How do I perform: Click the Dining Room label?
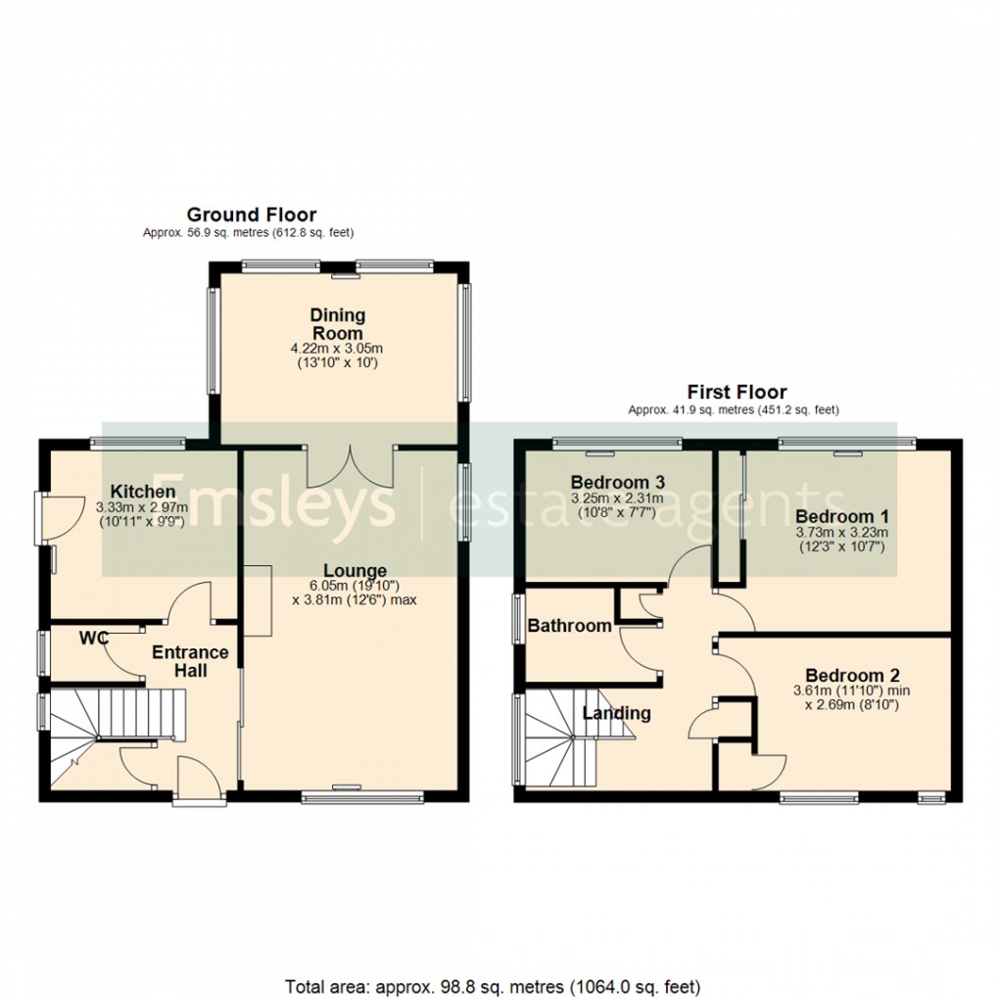click(338, 324)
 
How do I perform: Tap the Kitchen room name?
click(142, 491)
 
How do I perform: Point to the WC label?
click(94, 639)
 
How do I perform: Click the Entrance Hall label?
click(190, 661)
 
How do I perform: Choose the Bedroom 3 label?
click(618, 482)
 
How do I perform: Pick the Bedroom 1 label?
click(841, 516)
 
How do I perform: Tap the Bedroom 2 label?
click(852, 675)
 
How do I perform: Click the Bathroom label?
click(570, 625)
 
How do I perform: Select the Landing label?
click(616, 713)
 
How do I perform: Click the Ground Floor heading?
click(252, 214)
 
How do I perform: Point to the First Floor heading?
click(736, 393)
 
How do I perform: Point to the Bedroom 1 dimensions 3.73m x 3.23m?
click(840, 533)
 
